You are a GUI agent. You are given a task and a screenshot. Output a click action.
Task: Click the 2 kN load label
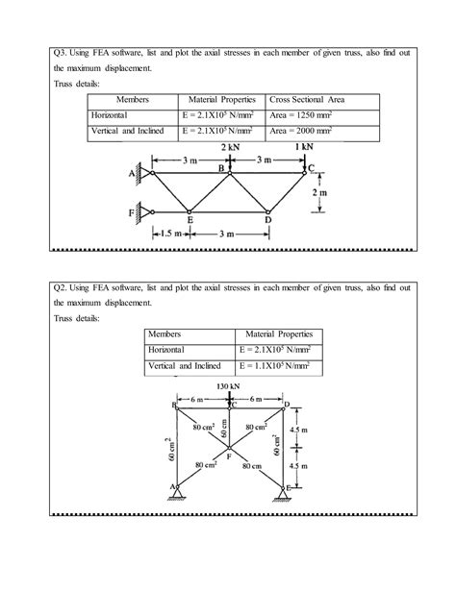tap(228, 148)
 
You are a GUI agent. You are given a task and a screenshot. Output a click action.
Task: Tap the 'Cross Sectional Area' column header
tap(310, 100)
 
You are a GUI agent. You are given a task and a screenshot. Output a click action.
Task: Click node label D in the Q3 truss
tap(268, 220)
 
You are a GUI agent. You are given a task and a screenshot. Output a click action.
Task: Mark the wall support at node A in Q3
tap(141, 173)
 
